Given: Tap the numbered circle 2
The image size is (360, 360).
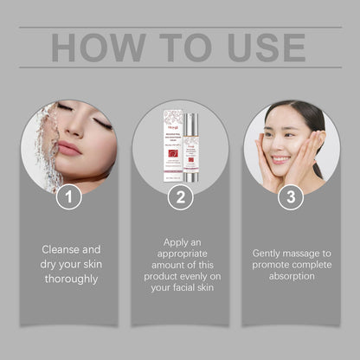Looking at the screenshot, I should (x=179, y=197).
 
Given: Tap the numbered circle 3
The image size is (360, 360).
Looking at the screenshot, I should (x=291, y=197).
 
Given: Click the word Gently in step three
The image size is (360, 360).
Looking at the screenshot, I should (x=271, y=254).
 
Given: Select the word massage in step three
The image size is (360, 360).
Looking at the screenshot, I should (x=309, y=254).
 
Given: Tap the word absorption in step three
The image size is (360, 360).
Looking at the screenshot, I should (x=291, y=277).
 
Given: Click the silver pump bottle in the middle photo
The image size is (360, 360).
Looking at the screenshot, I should (x=193, y=143).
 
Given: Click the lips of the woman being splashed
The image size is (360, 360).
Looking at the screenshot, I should (x=69, y=148).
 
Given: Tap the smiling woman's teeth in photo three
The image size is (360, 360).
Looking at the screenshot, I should (x=282, y=159).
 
